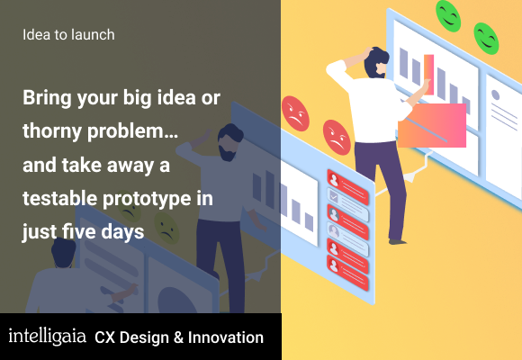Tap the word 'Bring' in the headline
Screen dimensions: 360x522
pos(47,98)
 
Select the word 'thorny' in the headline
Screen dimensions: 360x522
pos(52,131)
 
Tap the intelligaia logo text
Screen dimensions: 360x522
pos(47,337)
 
